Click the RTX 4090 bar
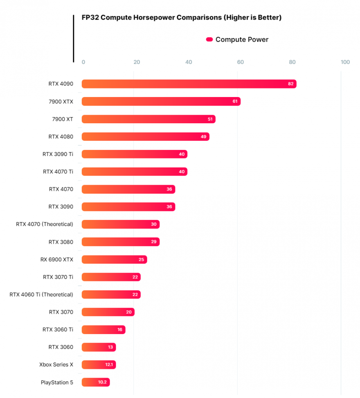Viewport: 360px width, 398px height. pyautogui.click(x=189, y=84)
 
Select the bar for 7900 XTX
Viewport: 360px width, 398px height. pyautogui.click(x=161, y=102)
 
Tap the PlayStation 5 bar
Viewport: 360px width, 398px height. pyautogui.click(x=96, y=382)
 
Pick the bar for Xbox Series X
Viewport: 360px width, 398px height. pyautogui.click(x=99, y=365)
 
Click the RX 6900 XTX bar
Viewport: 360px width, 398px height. pyautogui.click(x=114, y=260)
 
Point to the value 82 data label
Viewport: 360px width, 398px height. pyautogui.click(x=291, y=84)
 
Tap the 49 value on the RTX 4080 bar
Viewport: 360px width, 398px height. pyautogui.click(x=204, y=137)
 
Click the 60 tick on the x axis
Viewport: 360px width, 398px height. pyautogui.click(x=240, y=62)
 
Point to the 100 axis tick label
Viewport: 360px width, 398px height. pyautogui.click(x=345, y=62)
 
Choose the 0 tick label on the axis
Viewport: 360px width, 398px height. pyautogui.click(x=83, y=62)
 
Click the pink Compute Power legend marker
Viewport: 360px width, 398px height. pyautogui.click(x=209, y=40)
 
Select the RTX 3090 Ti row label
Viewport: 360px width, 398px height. pyautogui.click(x=58, y=154)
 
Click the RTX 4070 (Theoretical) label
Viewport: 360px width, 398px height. pyautogui.click(x=45, y=224)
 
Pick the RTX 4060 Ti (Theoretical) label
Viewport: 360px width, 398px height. pyautogui.click(x=41, y=295)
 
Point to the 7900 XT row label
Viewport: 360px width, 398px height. pyautogui.click(x=63, y=119)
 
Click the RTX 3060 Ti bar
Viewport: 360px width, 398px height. pyautogui.click(x=103, y=330)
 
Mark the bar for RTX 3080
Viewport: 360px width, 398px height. pyautogui.click(x=120, y=242)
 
